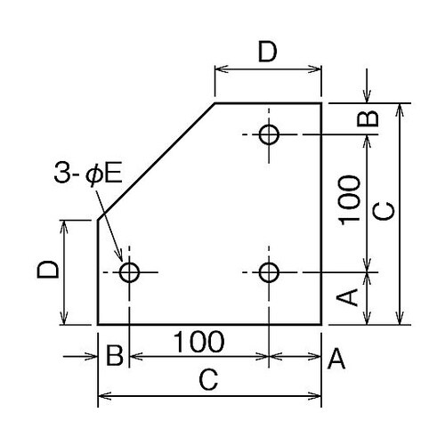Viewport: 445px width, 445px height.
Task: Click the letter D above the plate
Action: tap(267, 53)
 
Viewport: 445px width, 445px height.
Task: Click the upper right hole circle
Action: tap(269, 134)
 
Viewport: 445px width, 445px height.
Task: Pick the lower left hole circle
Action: tap(130, 271)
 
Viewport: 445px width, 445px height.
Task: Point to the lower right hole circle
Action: tap(269, 271)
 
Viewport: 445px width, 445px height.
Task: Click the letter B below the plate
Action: tap(114, 358)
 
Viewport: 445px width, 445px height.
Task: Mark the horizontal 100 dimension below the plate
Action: tap(198, 342)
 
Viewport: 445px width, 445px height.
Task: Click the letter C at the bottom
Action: tap(207, 381)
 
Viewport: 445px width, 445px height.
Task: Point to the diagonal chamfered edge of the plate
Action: tap(156, 162)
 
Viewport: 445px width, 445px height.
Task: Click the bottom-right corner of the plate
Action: tap(321, 324)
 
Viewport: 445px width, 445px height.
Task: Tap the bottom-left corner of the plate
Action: tap(97, 324)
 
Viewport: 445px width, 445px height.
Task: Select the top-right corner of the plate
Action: tap(321, 103)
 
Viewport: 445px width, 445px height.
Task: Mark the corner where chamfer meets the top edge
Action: tap(214, 103)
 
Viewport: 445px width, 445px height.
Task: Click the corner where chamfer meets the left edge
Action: tap(97, 220)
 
